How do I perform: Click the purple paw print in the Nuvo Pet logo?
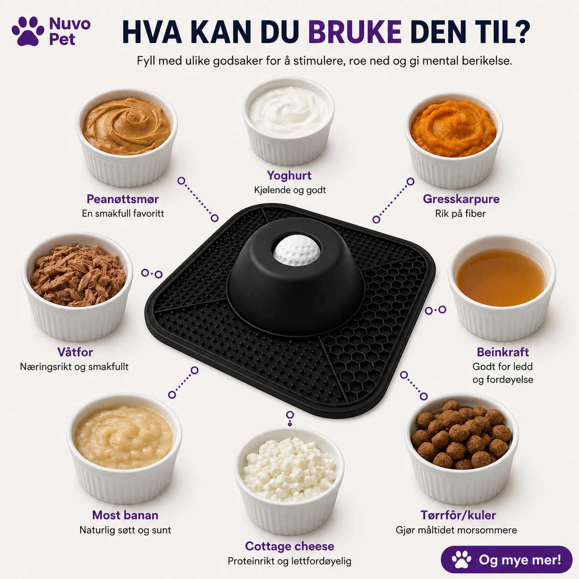pos(28,31)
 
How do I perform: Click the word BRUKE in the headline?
pos(355,32)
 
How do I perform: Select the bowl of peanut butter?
pos(127,137)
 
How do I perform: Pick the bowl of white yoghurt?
pos(288,121)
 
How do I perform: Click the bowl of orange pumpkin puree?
pos(453,140)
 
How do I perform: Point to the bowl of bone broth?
pos(502,288)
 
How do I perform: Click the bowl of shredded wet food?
pos(77,286)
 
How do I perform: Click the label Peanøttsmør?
pos(123,199)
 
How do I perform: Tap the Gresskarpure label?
pos(461,199)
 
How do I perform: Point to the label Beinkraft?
pos(503,352)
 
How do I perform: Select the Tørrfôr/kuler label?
pos(458,515)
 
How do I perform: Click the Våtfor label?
pos(75,352)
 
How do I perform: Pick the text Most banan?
pos(125,515)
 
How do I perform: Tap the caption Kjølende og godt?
pos(290,190)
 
